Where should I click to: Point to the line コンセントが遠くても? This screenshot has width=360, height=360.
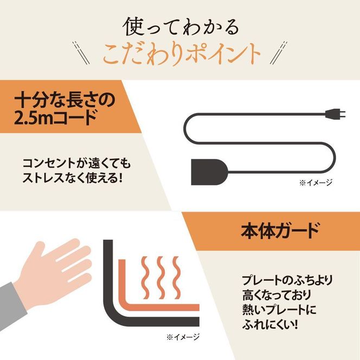[76, 163]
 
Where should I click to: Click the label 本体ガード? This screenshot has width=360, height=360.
[280, 231]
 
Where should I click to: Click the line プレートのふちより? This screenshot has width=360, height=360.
[287, 281]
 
